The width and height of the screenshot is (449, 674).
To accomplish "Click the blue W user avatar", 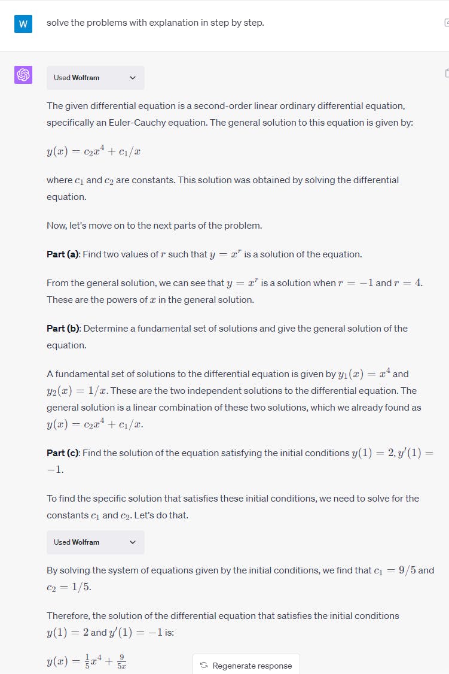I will [x=23, y=24].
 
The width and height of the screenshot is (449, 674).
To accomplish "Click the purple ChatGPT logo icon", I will [x=23, y=75].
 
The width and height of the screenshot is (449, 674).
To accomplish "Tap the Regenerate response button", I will [x=246, y=665].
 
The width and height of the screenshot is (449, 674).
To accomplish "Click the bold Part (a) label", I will [x=63, y=254].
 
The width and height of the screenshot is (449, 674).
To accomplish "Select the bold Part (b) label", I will [x=63, y=329].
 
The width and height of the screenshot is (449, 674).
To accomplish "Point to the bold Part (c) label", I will [x=63, y=453].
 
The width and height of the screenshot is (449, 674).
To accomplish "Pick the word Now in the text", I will [x=56, y=226].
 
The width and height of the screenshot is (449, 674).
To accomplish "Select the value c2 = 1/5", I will [x=69, y=587].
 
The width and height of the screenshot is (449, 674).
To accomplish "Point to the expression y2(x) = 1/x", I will [x=77, y=391].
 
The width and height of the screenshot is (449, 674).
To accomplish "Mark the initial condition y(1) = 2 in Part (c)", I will [x=374, y=453].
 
